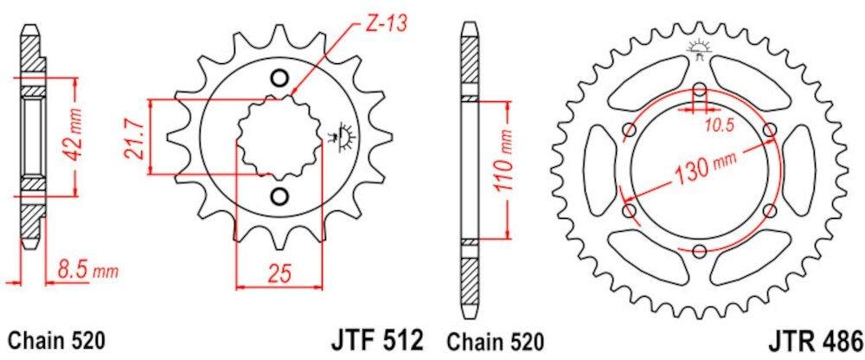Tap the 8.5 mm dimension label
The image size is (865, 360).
click(85, 272)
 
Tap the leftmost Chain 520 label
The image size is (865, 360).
click(57, 339)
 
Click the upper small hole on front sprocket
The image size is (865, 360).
click(279, 79)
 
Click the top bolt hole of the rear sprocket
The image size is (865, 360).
click(699, 87)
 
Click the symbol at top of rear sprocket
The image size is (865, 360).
click(698, 50)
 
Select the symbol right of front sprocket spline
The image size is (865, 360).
click(339, 135)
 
